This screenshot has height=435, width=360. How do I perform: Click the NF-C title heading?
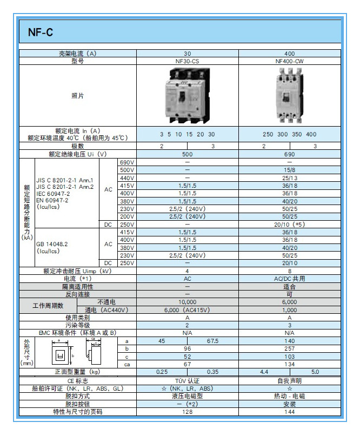pos(41,32)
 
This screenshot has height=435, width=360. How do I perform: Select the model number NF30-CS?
pos(187,61)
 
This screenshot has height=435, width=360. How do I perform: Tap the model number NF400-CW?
pos(289,61)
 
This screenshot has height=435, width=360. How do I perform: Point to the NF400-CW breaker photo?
pos(289,96)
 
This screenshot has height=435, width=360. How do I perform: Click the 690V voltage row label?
pos(126,162)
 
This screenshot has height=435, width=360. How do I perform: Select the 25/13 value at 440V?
pos(289,177)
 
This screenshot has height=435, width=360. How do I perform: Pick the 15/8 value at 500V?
pos(289,170)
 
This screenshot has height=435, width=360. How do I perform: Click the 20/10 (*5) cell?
pos(289,224)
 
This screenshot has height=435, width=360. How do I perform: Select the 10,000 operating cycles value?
pos(187,302)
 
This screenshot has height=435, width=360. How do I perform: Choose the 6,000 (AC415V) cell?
pos(187,310)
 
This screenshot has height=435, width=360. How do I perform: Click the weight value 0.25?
pos(162,372)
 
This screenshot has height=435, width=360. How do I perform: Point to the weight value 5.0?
pos(315,372)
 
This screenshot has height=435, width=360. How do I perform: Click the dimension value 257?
pos(289,349)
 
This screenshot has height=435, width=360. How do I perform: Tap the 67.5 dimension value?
pos(212,341)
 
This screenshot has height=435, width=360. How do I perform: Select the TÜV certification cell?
pos(187,381)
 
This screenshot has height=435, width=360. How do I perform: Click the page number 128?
pos(187,412)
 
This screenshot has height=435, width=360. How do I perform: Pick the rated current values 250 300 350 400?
pos(289,134)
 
